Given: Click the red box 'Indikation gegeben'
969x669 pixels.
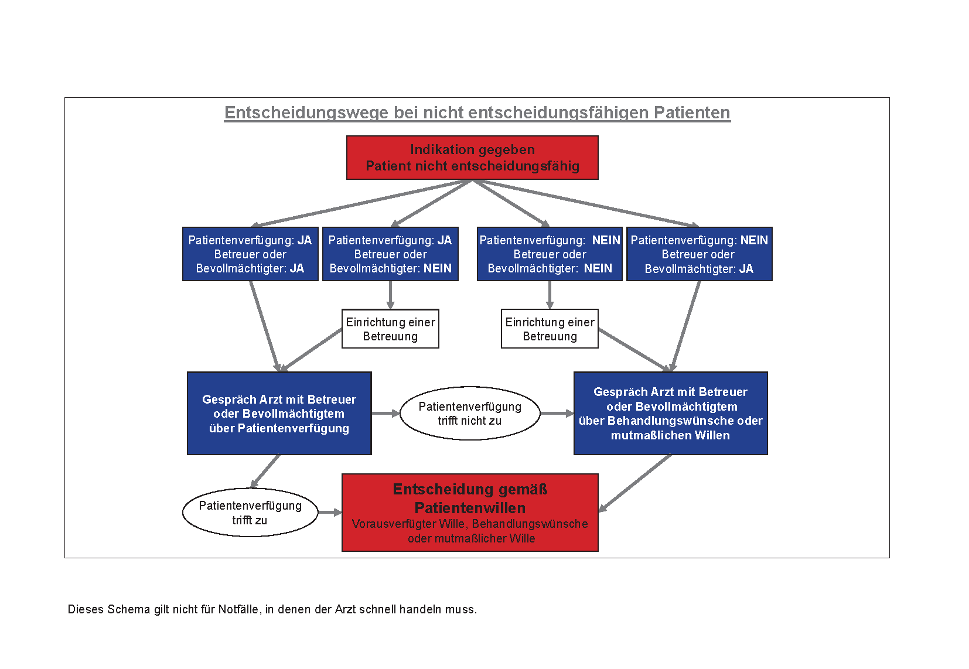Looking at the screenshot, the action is click(472, 158).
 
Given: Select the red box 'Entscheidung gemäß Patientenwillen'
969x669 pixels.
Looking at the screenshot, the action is click(470, 513).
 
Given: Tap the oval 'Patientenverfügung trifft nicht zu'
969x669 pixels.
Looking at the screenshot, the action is click(470, 413).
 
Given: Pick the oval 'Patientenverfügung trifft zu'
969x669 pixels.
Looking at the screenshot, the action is click(250, 513).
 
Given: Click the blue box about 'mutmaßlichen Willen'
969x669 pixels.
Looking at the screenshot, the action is click(671, 413).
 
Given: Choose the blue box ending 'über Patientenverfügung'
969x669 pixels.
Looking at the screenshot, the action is click(279, 413).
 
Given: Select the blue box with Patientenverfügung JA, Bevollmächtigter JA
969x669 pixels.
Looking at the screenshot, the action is click(250, 254).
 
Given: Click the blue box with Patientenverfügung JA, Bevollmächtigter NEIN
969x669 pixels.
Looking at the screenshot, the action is click(390, 254).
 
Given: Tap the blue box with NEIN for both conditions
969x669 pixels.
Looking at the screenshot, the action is click(550, 254).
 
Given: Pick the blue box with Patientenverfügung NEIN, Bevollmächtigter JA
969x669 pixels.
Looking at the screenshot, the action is click(699, 254).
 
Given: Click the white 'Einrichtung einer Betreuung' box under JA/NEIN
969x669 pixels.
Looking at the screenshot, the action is click(390, 329).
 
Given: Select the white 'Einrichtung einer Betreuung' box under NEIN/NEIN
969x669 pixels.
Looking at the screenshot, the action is click(550, 329).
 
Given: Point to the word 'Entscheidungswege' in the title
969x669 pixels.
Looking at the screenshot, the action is click(306, 113).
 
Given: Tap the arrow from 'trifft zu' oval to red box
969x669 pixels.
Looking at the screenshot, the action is click(330, 513).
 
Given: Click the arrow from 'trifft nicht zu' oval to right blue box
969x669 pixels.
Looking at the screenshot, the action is click(557, 414).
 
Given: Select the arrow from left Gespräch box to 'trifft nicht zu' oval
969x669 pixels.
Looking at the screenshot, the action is click(386, 414).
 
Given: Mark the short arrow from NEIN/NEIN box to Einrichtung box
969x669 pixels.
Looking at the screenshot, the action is click(550, 295).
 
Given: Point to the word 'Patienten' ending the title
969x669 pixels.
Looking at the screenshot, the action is click(692, 113).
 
